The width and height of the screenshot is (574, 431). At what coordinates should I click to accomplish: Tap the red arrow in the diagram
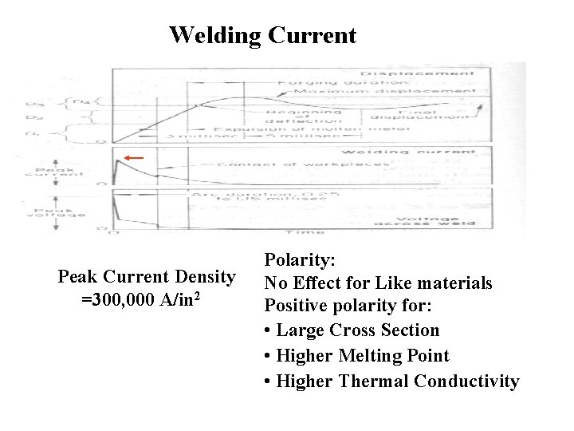[x=134, y=158]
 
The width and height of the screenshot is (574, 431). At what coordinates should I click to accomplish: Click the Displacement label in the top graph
[x=431, y=73]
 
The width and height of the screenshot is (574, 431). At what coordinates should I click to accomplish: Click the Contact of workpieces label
[x=303, y=165]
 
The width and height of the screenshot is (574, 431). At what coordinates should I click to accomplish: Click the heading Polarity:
[x=300, y=260]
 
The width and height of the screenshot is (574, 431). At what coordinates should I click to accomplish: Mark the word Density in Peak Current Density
[x=204, y=277]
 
